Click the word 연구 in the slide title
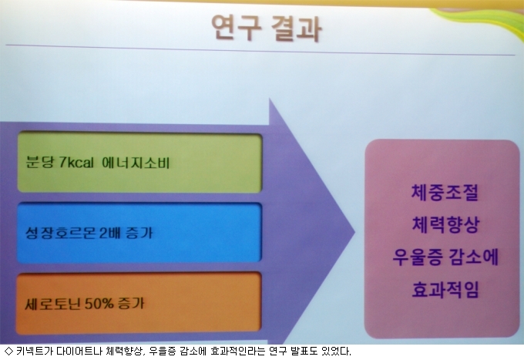237,28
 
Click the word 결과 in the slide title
297,29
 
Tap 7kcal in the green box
76,163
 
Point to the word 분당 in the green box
40,163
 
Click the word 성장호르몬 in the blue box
61,233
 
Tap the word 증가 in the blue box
139,233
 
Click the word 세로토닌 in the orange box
53,304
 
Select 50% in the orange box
99,304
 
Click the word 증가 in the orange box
131,303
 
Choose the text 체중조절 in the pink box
445,193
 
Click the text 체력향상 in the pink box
446,224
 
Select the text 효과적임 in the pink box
446,290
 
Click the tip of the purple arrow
354,231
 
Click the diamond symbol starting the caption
8,351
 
